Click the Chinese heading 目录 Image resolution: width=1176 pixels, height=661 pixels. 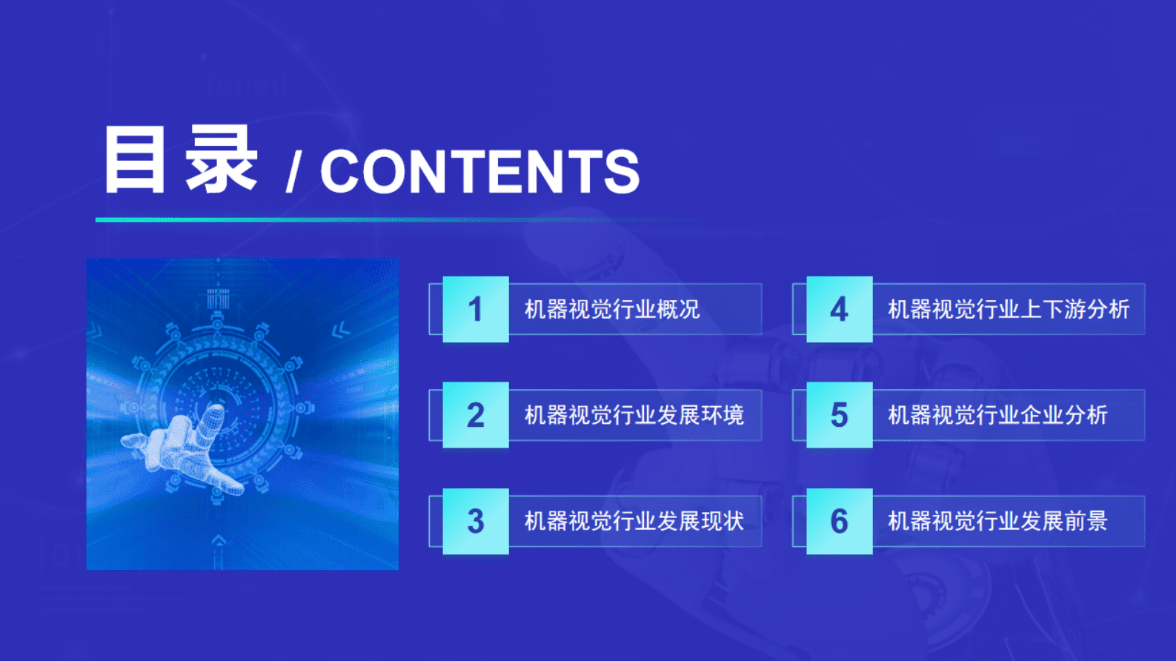coord(180,160)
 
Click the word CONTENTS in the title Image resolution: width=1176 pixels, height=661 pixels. coord(479,172)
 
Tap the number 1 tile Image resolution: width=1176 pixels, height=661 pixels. coord(476,309)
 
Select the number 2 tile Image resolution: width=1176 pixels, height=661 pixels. coord(476,415)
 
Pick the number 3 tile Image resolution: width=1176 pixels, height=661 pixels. coord(476,521)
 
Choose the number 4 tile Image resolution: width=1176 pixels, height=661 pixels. coord(839,309)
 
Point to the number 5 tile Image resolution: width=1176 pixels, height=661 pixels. coord(839,415)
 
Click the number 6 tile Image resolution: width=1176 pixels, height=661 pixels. coord(839,521)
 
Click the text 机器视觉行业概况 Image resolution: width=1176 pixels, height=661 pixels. coord(612,309)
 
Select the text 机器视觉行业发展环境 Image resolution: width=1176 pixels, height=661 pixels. coord(634,415)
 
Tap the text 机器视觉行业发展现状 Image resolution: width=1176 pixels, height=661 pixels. coord(634,521)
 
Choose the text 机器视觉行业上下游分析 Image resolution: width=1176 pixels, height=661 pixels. coord(1009,309)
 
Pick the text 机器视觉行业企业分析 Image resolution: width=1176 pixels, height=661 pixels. coord(997,415)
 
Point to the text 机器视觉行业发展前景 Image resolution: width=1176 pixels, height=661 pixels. coord(997,521)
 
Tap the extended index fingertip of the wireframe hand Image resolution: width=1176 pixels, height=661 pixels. coord(215,411)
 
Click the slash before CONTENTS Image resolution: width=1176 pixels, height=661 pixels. coord(293,173)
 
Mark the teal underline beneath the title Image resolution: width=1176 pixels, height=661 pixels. coord(296,219)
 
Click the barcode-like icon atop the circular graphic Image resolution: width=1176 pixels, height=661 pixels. coord(218,299)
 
